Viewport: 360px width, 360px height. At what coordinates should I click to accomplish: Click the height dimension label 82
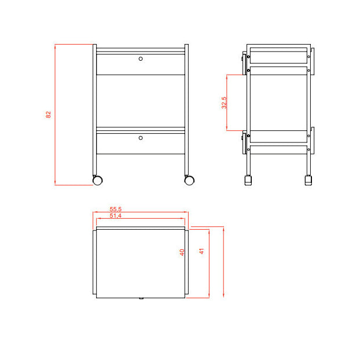pos(49,115)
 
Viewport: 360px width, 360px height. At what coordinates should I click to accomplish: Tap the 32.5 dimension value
pos(223,102)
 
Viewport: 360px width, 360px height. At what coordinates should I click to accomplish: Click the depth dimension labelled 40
pos(182,252)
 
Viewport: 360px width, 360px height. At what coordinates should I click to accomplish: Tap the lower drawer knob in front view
pos(141,138)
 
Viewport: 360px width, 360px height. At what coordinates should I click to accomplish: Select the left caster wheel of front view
pos(98,180)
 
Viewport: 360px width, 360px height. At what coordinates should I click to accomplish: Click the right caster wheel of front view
pos(189,180)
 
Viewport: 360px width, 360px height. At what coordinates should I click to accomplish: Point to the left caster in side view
pos(249,180)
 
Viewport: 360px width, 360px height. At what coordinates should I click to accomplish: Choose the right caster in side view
pos(308,180)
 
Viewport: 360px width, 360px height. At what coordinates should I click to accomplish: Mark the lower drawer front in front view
pos(141,144)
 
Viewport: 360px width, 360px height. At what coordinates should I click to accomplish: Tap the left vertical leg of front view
pos(94,110)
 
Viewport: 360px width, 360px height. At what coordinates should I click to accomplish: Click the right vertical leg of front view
pos(186,110)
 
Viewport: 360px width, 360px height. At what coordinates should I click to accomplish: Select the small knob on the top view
pos(141,299)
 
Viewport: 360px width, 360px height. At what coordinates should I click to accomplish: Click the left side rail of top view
pos(94,263)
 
